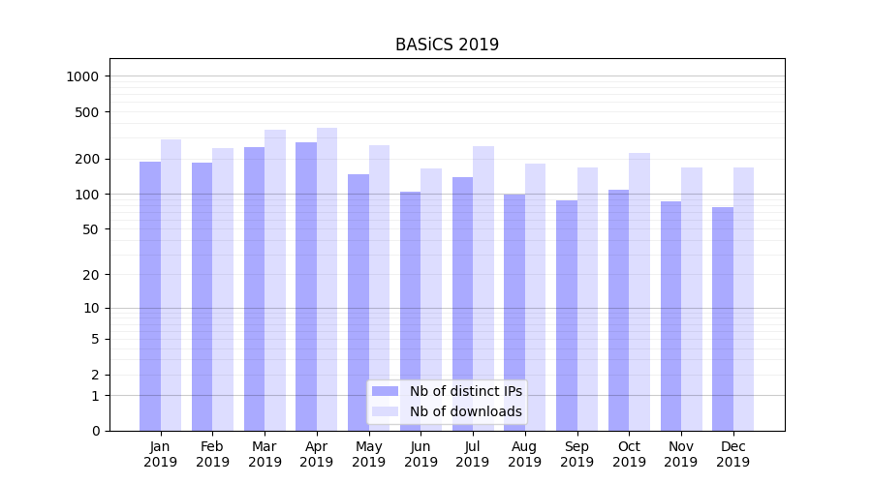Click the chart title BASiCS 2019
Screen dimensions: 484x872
pyautogui.click(x=447, y=45)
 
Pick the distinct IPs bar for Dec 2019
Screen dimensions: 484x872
pyautogui.click(x=723, y=318)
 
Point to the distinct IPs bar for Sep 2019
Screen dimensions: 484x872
pyautogui.click(x=567, y=316)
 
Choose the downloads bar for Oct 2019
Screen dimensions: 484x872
pyautogui.click(x=639, y=291)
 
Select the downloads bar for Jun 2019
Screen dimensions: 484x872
pyautogui.click(x=431, y=299)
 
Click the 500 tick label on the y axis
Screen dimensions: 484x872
pyautogui.click(x=87, y=112)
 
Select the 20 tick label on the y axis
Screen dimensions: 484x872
pyautogui.click(x=91, y=275)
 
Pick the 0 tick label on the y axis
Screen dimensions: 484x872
pyautogui.click(x=95, y=431)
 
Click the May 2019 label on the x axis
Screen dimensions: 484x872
pyautogui.click(x=368, y=454)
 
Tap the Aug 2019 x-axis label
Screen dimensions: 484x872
pyautogui.click(x=524, y=454)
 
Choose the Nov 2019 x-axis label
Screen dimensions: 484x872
pyautogui.click(x=680, y=454)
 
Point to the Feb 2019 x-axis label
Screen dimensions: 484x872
pyautogui.click(x=212, y=454)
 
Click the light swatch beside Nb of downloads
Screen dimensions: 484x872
pyautogui.click(x=385, y=411)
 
